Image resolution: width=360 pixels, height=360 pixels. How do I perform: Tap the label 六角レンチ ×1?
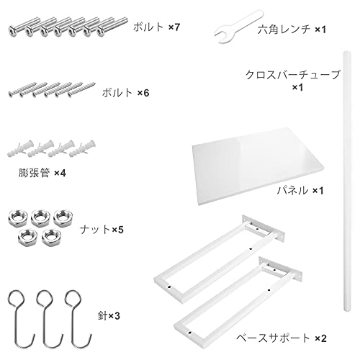click(x=292, y=30)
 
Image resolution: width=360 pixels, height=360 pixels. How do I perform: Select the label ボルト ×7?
click(x=156, y=27)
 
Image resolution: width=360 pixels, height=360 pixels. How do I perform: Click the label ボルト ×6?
click(x=125, y=93)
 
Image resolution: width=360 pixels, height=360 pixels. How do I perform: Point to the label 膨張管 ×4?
click(x=42, y=173)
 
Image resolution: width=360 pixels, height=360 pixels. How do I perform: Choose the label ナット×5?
click(x=102, y=230)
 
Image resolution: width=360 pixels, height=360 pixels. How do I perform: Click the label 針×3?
click(x=109, y=316)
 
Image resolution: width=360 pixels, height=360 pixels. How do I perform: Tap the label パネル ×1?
click(x=300, y=191)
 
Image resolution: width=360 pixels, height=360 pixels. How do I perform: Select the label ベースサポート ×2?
click(x=282, y=338)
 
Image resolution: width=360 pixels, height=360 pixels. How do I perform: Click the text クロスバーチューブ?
click(x=293, y=75)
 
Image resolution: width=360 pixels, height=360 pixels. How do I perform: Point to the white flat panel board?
click(x=257, y=166)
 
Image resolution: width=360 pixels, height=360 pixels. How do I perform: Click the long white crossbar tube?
click(x=346, y=181)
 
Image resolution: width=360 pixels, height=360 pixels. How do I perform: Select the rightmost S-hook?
click(x=77, y=319)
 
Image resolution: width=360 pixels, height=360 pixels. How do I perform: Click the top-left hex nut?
click(x=17, y=217)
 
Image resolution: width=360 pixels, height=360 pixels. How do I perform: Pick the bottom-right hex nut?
click(x=51, y=237)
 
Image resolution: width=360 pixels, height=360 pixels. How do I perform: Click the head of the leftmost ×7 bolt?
click(x=13, y=31)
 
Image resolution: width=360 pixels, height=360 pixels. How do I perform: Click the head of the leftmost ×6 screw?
click(x=11, y=94)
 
